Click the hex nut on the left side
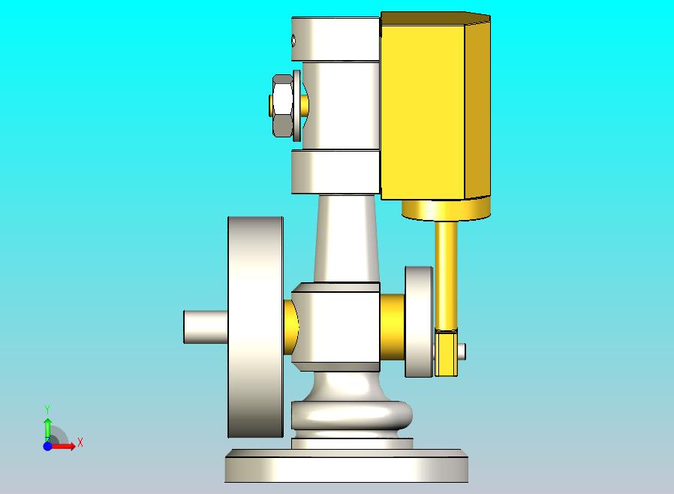point(282,106)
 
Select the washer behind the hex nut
point(297,106)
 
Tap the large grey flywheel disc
point(255,327)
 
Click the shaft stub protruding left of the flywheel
point(206,327)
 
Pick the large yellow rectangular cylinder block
point(435,106)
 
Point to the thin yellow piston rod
point(446,276)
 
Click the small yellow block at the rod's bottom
point(446,353)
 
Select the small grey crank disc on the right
point(419,321)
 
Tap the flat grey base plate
point(347,465)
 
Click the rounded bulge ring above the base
point(351,415)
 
